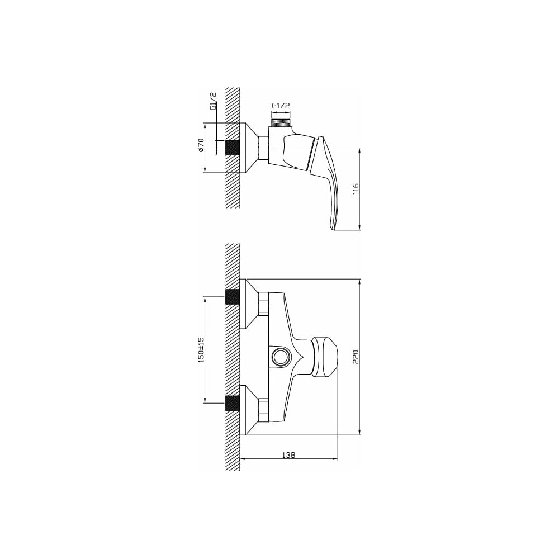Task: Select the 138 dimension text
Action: (289, 455)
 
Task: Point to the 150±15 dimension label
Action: (201, 350)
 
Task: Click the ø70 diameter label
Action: (201, 146)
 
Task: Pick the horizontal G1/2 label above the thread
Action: (281, 106)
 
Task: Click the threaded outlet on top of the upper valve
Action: (281, 122)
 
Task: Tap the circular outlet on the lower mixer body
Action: (281, 357)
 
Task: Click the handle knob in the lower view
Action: (324, 357)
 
